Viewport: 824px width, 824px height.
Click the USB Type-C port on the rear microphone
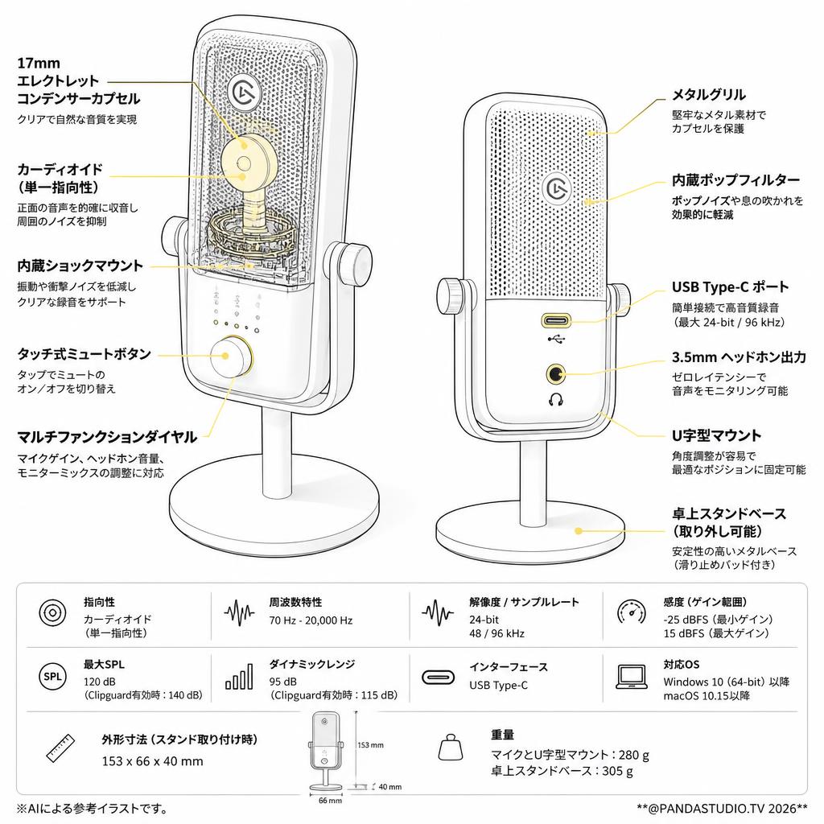pos(555,320)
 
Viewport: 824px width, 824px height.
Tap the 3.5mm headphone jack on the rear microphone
pos(555,374)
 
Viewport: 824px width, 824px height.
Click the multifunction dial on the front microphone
pos(231,356)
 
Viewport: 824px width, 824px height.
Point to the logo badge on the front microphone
pos(245,93)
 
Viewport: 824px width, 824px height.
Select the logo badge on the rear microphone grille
pos(557,187)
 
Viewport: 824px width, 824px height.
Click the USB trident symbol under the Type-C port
pos(555,339)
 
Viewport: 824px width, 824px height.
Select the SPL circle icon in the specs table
pos(52,676)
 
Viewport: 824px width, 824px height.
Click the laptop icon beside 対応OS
pos(631,677)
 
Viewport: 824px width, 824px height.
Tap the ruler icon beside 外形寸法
pos(60,748)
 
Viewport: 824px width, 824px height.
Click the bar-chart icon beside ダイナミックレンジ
pos(238,676)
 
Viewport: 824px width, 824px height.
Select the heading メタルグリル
pos(709,95)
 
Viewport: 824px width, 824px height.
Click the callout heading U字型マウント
pos(716,435)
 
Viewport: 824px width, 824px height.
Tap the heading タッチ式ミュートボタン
pos(84,354)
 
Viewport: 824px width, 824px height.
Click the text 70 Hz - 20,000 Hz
pos(311,620)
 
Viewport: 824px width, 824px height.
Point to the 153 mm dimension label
pos(370,745)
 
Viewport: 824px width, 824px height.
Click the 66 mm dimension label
pos(330,801)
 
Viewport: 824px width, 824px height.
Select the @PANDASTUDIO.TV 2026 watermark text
pos(722,808)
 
